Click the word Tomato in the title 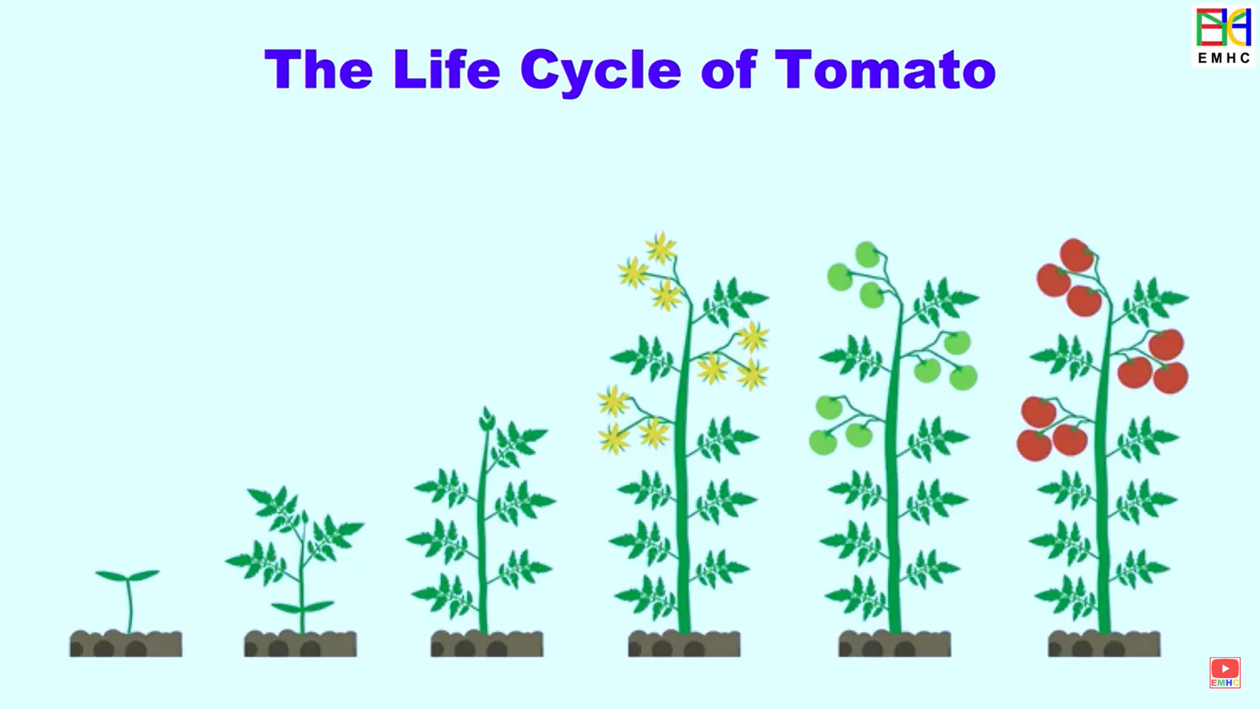pos(885,69)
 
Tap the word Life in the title pos(446,69)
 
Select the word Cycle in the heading pos(600,71)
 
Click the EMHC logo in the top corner pos(1223,35)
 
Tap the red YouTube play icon pos(1225,669)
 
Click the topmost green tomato pos(867,254)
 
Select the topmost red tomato pos(1076,255)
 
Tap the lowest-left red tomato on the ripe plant pos(1034,445)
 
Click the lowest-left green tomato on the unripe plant pos(823,442)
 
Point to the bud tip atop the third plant pos(487,418)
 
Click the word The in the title pos(318,69)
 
